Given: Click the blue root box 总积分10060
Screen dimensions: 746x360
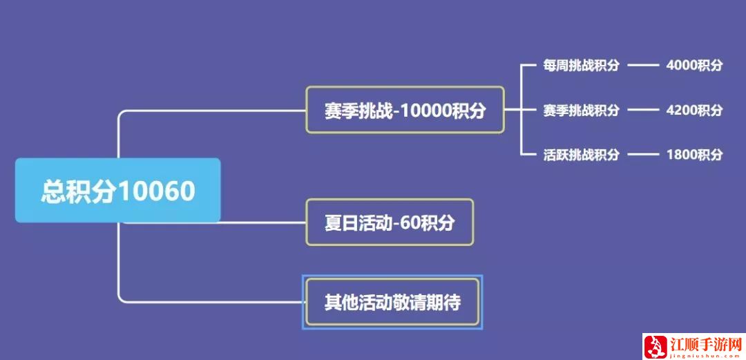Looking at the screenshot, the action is point(117,191).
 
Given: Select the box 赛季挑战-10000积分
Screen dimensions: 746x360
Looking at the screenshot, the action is point(405,110).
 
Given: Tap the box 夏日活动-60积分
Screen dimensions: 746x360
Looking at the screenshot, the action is point(390,222).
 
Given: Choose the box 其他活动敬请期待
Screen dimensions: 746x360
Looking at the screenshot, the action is point(392,302).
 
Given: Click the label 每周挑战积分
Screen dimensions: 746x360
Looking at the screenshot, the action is point(581,66).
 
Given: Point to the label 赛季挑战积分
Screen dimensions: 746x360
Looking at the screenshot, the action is point(581,110).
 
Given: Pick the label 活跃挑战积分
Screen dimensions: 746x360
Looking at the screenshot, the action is point(581,154).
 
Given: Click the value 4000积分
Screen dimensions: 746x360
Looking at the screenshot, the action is point(694,66).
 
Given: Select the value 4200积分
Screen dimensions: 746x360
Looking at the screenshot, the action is point(694,110).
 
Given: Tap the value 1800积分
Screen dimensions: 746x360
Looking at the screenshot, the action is point(694,154).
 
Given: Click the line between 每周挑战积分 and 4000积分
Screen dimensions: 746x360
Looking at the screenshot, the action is point(642,66).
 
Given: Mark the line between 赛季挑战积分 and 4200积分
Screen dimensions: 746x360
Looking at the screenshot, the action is point(642,110).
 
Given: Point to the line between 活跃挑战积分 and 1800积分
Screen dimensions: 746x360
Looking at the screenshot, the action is point(642,154).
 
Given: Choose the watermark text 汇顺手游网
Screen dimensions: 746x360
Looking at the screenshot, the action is point(707,344).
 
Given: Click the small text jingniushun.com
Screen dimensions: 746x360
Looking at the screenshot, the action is point(707,354).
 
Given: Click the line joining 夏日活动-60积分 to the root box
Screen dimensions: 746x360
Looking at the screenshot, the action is point(262,222).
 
